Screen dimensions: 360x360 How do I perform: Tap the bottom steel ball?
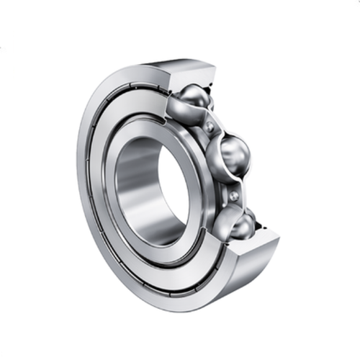(x=238, y=224)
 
